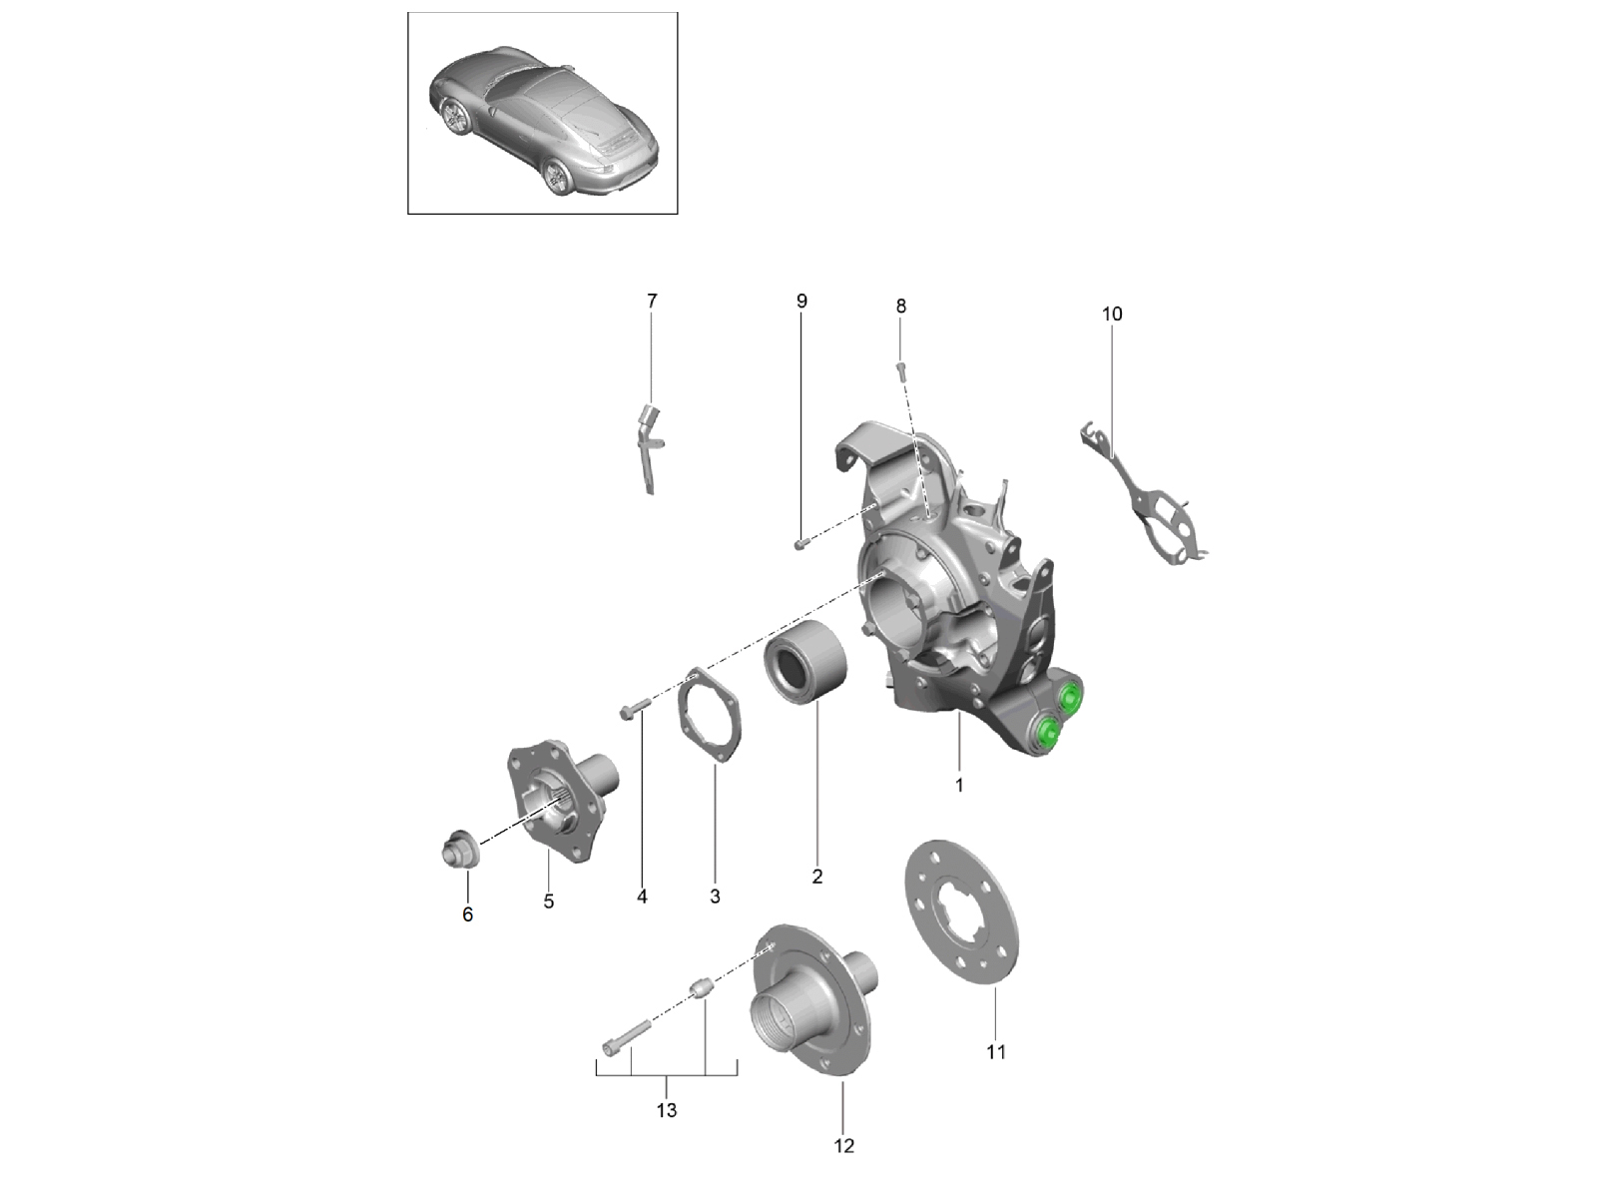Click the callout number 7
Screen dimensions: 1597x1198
(651, 300)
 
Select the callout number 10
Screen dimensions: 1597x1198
(1112, 314)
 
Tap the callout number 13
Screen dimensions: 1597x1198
(667, 1111)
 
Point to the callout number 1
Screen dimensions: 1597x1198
(959, 786)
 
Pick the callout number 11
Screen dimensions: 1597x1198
(995, 1052)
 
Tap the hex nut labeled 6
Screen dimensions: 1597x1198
(458, 849)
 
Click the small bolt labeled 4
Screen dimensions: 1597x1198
(635, 709)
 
